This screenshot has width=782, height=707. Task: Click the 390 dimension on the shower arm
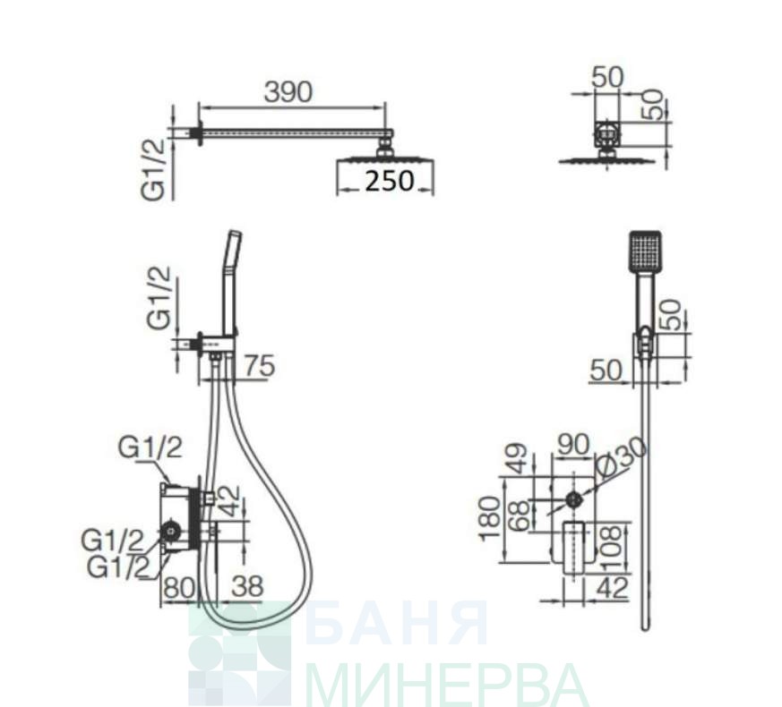288,92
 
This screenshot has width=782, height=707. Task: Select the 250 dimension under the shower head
390,181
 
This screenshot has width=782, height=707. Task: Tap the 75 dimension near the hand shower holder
260,366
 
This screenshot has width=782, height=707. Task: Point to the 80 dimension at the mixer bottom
179,587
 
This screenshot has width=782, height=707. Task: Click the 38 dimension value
247,586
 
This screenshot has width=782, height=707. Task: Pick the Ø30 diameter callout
622,458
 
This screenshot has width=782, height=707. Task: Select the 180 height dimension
491,519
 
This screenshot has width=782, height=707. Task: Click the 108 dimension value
612,548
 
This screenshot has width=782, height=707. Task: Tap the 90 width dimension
573,445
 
